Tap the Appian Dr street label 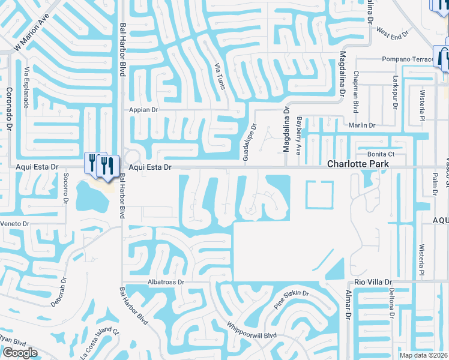pyautogui.click(x=143, y=110)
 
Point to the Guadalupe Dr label pyautogui.click(x=246, y=142)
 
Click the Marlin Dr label pyautogui.click(x=363, y=125)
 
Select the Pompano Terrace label pyautogui.click(x=408, y=59)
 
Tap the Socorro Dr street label pyautogui.click(x=65, y=188)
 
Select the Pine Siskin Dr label pyautogui.click(x=292, y=298)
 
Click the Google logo pyautogui.click(x=20, y=353)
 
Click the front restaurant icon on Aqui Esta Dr pyautogui.click(x=108, y=166)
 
